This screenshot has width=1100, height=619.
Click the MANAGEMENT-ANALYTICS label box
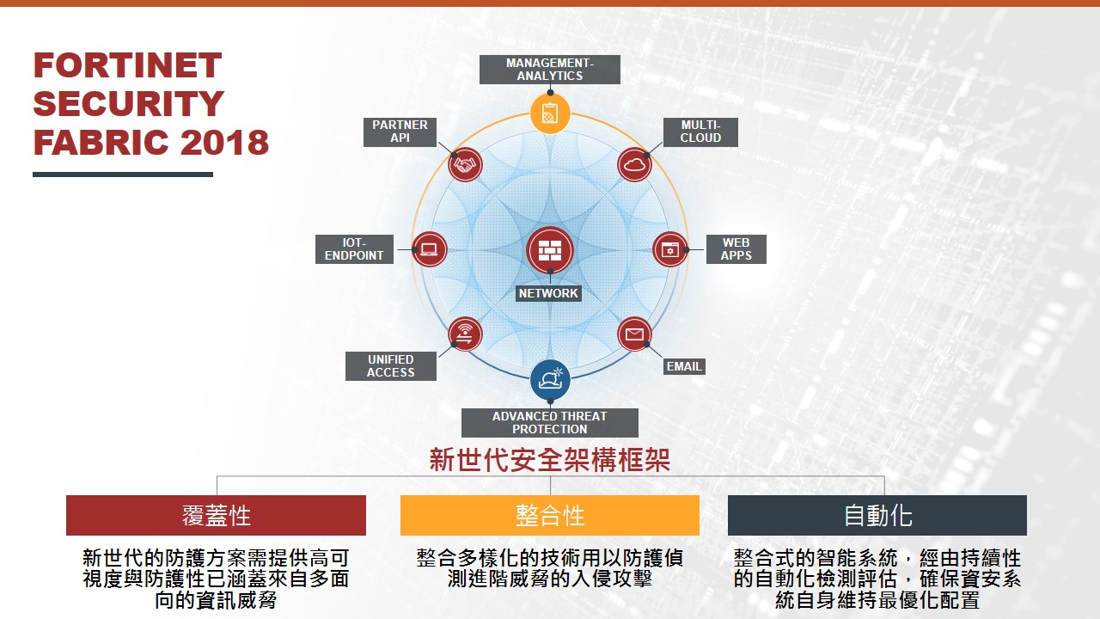click(549, 70)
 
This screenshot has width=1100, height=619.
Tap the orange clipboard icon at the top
click(550, 113)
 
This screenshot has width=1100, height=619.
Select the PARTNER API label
click(400, 132)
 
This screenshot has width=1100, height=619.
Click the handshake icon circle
click(465, 164)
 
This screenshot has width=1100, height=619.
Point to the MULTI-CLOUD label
click(700, 132)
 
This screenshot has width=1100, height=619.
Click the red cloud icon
click(634, 164)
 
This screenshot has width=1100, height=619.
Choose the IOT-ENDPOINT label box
click(354, 249)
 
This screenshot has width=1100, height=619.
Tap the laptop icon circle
click(429, 249)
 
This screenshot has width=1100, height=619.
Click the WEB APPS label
click(736, 249)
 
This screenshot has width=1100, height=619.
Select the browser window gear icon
click(669, 249)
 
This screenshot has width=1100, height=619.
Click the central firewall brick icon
click(550, 250)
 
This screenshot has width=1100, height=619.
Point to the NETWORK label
click(548, 293)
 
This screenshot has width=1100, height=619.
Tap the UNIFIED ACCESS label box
click(390, 366)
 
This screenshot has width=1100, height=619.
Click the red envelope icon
click(634, 334)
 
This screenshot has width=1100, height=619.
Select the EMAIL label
click(684, 366)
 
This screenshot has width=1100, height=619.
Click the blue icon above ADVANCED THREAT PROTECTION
click(550, 380)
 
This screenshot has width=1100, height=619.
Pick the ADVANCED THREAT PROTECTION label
click(549, 422)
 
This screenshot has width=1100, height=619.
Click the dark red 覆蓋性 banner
click(216, 515)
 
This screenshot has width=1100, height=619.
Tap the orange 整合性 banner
click(549, 515)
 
